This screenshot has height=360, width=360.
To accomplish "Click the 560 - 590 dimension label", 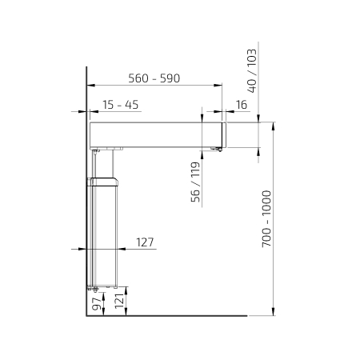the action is click(154, 78).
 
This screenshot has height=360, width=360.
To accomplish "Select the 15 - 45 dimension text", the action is click(121, 105).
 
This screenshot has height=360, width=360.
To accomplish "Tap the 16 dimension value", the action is click(242, 105).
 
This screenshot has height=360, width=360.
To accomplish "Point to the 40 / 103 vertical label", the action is click(252, 70).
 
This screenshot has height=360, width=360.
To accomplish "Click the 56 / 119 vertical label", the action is click(195, 182).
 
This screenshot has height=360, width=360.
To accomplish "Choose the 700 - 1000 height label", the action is click(266, 218).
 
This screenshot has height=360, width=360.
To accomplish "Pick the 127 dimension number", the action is click(145, 242).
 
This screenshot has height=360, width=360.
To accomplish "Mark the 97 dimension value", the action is click(97, 304).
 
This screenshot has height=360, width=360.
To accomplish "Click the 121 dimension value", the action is click(120, 302).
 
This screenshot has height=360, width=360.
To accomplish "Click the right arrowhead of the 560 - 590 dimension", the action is click(218, 86).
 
